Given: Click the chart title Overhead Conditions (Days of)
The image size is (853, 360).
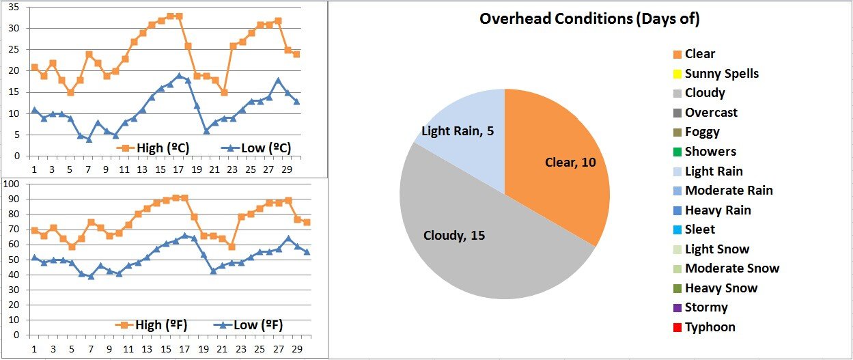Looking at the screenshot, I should coord(589,19).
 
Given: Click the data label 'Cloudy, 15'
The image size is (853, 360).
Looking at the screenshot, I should coord(454,236).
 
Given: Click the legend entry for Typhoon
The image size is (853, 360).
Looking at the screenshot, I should coord(710,327).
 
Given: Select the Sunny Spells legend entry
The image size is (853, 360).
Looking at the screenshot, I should coord(721,74).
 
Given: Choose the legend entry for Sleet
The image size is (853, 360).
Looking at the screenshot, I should coord(700,230).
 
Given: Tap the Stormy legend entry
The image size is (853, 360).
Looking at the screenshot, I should coord(706,307).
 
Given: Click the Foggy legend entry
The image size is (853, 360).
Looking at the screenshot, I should coord(702,132).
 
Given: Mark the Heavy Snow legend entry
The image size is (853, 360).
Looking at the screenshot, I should coord(721,288).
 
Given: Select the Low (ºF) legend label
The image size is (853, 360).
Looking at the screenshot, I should coord(257,325).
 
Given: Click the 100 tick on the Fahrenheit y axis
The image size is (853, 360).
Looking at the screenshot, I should coord(12,184).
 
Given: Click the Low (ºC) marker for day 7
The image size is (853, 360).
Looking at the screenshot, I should coord(89,139).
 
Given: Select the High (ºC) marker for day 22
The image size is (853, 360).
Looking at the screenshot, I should coord(224,92).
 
